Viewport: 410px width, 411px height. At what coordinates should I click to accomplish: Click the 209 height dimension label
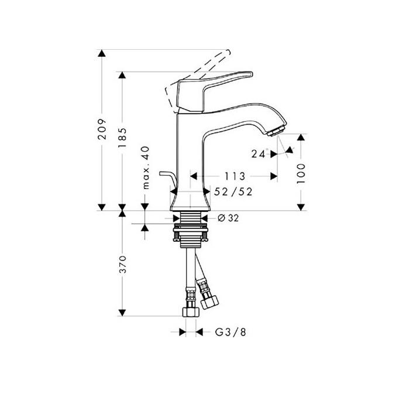tap(102, 129)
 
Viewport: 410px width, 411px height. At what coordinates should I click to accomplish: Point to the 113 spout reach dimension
tap(234, 176)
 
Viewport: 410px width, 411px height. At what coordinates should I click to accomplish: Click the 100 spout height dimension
tap(301, 173)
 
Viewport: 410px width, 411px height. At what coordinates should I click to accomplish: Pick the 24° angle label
tap(259, 154)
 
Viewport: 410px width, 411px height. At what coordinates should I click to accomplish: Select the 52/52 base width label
tap(234, 191)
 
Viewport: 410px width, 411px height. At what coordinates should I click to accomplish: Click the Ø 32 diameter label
tap(229, 218)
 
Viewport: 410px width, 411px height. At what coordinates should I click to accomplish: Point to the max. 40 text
tap(146, 168)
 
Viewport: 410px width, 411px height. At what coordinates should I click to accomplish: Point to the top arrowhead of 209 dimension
tap(102, 54)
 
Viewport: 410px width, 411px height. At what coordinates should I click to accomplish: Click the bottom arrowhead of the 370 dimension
tap(122, 312)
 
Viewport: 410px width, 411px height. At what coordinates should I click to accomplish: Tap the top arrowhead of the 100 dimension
tap(301, 138)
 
